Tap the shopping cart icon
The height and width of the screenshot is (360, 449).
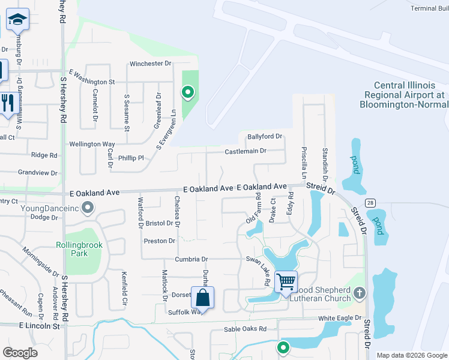tap(286, 281)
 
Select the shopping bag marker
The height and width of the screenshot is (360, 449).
tap(203, 297)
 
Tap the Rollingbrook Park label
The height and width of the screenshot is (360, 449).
tap(79, 249)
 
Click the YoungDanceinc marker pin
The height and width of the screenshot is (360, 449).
tap(88, 208)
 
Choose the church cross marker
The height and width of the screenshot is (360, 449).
tap(359, 293)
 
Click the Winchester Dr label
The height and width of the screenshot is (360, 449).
tap(151, 63)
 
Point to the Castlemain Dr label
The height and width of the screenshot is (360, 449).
tap(245, 151)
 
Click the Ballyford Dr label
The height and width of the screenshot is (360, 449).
tap(261, 137)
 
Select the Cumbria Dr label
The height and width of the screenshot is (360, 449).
tap(191, 259)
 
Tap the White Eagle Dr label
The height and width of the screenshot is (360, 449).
tap(340, 318)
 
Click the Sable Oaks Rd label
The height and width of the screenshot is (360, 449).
tap(244, 329)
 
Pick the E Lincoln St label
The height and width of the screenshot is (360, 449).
tap(40, 326)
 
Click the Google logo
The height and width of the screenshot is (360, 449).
tap(20, 353)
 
